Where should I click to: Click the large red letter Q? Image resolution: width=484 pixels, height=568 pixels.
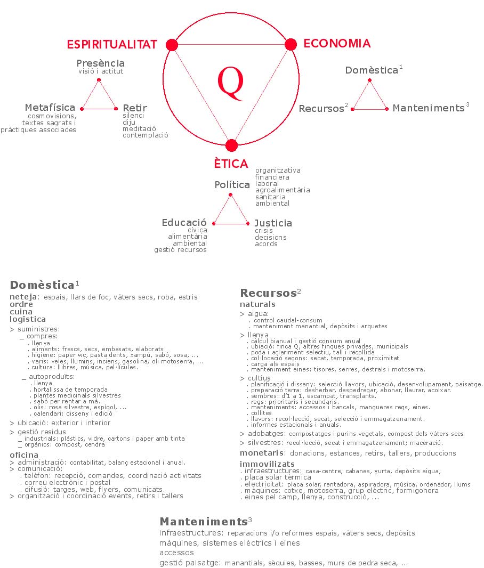(x=231, y=83)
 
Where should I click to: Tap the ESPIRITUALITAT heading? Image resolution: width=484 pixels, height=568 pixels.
(x=112, y=44)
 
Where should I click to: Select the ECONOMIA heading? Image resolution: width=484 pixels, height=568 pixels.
(x=337, y=43)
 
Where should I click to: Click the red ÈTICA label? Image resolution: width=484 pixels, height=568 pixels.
(x=231, y=164)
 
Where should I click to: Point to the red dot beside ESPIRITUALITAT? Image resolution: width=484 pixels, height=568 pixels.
(x=172, y=45)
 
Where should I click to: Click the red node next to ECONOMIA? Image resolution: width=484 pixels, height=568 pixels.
(x=291, y=44)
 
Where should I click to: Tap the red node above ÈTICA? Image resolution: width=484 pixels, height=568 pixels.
(x=231, y=145)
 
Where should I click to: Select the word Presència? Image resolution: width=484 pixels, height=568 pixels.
(x=101, y=63)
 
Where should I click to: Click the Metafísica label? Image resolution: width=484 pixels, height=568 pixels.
(x=50, y=108)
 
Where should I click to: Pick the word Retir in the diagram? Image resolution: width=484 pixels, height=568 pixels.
(x=135, y=108)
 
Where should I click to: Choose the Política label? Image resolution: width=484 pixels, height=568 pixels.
(x=232, y=185)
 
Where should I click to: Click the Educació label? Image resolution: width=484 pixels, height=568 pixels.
(x=184, y=222)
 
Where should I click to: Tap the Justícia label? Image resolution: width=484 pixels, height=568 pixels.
(x=273, y=223)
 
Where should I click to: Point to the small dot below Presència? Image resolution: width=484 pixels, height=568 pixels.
(x=99, y=80)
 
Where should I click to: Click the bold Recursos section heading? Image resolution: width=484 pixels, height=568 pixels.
(x=269, y=293)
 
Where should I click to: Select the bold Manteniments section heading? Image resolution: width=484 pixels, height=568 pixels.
(x=204, y=522)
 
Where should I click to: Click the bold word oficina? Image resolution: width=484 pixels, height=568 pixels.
(x=24, y=455)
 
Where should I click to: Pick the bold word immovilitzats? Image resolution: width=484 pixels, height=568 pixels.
(x=267, y=464)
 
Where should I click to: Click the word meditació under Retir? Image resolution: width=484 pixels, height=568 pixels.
(x=139, y=128)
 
